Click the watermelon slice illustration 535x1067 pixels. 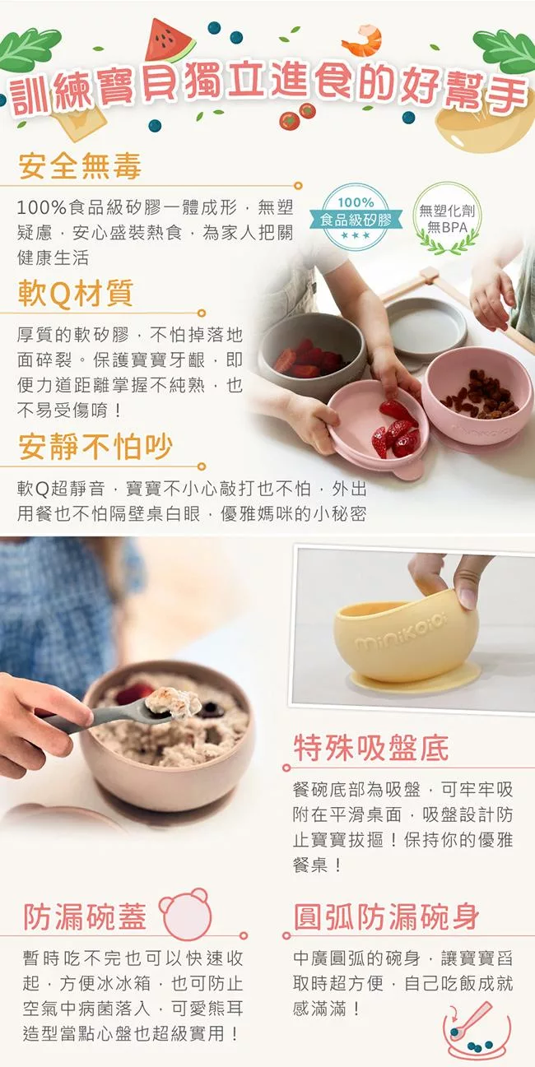tap(169, 42)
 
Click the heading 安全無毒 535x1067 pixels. tap(80, 166)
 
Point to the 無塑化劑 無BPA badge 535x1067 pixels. tap(447, 219)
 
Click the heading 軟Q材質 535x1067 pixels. tap(75, 294)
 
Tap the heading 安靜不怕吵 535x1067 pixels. tap(95, 447)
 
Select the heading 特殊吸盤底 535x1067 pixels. tap(370, 749)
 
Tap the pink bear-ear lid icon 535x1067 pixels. tap(185, 913)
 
